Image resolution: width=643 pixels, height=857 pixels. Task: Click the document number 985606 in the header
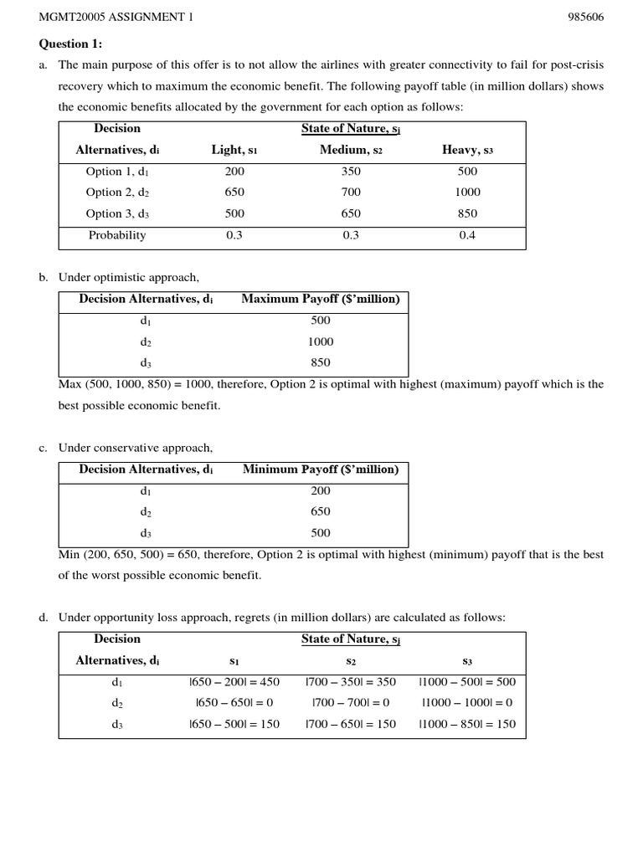586,17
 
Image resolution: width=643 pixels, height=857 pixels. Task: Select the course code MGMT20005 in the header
69,17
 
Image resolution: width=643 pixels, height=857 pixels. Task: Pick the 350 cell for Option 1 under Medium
351,172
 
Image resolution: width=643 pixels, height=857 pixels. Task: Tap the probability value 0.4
467,235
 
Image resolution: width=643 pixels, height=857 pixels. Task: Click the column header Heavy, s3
467,150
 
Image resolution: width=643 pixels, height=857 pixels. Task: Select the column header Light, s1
234,150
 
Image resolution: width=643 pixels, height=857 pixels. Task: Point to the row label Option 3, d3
117,213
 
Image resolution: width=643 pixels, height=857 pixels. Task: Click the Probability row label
117,235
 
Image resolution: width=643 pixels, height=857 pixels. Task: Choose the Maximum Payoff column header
320,299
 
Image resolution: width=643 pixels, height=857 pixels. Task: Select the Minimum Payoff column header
320,470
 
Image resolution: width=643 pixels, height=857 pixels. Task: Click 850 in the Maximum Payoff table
320,362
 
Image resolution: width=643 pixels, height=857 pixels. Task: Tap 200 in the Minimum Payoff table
320,491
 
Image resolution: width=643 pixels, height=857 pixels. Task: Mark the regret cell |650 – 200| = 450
234,682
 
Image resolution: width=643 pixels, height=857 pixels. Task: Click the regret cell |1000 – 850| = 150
467,724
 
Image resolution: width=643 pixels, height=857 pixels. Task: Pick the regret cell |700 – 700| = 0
351,703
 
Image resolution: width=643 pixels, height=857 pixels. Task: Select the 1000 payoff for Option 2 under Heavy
467,192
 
